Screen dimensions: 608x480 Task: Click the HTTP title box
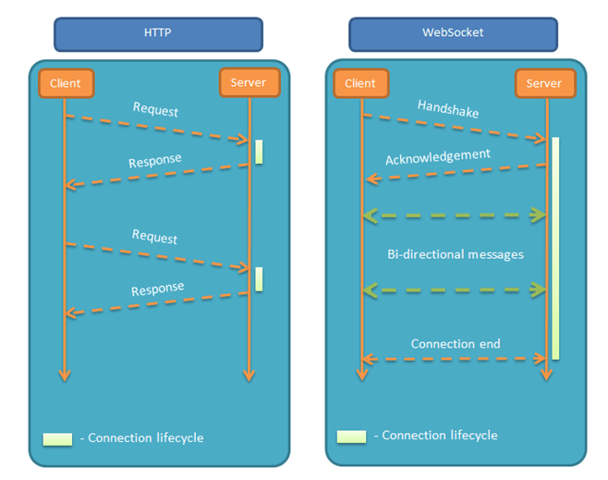tap(158, 34)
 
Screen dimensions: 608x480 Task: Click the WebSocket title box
tap(453, 34)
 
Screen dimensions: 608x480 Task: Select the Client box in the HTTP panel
tap(66, 83)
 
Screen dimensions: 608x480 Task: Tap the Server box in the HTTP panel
tap(249, 82)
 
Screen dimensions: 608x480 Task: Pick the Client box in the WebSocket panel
tap(361, 83)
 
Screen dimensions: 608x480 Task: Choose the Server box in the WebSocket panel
tap(545, 83)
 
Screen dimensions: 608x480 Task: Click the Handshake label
tap(448, 108)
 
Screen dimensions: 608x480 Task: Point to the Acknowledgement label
tap(438, 157)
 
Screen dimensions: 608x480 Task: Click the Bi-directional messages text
tap(456, 254)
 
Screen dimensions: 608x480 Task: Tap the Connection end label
tap(456, 343)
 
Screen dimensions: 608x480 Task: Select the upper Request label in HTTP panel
tap(155, 109)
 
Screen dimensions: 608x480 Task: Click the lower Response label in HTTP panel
tap(157, 289)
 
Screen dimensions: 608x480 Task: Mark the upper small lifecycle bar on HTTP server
tap(259, 152)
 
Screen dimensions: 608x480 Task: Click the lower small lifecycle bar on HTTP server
tap(259, 279)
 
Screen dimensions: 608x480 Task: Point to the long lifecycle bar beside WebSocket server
tap(555, 249)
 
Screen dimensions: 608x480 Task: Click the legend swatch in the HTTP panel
tap(57, 439)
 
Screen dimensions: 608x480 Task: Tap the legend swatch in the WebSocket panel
tap(352, 437)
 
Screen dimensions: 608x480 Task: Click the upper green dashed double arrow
tap(455, 215)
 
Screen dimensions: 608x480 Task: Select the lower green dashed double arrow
tap(455, 289)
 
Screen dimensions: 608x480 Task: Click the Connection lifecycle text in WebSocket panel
tap(440, 436)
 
